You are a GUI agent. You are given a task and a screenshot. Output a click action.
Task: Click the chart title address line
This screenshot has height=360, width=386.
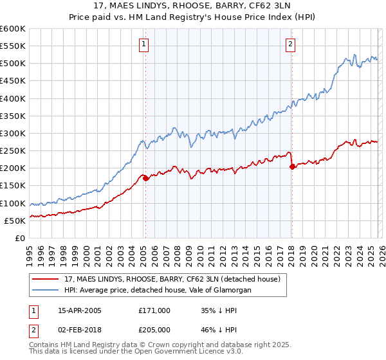(x=192, y=6)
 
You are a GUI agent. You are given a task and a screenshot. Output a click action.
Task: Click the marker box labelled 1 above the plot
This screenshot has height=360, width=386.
(x=143, y=44)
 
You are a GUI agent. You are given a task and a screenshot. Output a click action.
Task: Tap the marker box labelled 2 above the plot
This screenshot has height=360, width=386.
(x=290, y=44)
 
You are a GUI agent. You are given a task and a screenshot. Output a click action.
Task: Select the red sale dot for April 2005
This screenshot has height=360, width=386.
(x=145, y=178)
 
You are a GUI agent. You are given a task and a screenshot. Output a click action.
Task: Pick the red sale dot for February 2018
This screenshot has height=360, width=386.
(x=293, y=166)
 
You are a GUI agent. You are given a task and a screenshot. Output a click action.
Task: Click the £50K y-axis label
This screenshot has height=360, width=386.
(x=15, y=221)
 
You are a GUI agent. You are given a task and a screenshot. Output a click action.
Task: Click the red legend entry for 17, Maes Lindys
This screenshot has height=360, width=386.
(x=172, y=280)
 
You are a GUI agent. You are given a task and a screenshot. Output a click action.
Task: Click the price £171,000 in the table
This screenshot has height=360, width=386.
(x=154, y=310)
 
